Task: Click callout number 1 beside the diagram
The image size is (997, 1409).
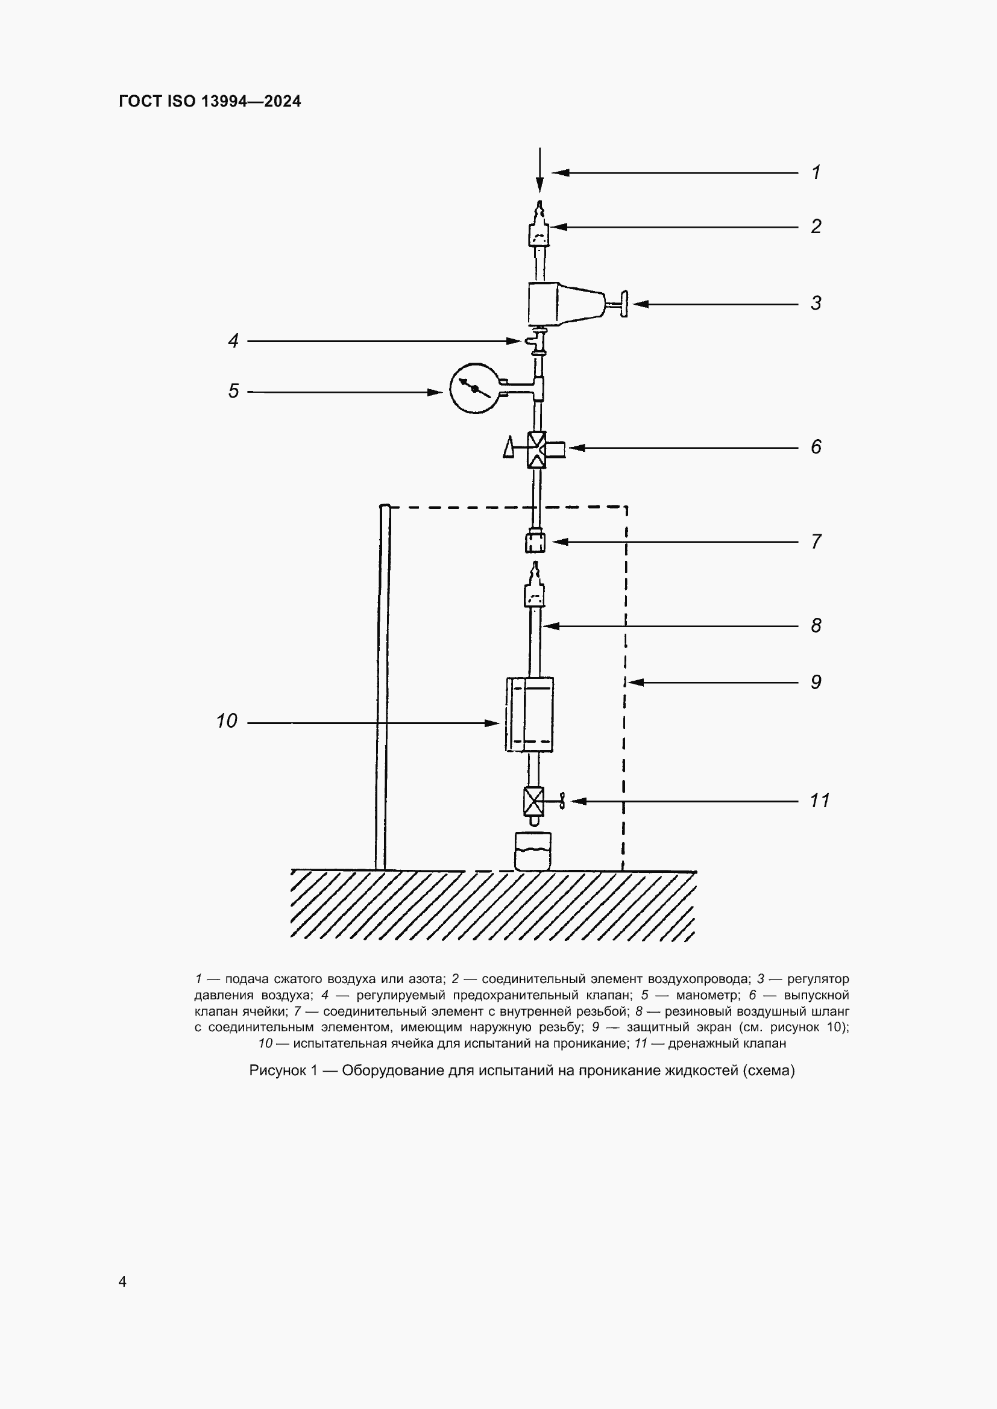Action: (816, 172)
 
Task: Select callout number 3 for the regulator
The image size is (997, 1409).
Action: (816, 303)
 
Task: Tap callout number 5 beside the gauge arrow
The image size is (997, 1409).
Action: (233, 392)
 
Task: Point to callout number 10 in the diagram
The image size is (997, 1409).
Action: (227, 721)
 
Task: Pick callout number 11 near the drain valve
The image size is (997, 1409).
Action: (820, 801)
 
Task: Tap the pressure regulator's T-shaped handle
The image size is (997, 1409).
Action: (623, 304)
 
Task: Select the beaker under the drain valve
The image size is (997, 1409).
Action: (533, 851)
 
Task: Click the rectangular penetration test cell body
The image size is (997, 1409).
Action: (529, 714)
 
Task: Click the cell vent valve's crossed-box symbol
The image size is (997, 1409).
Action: (536, 450)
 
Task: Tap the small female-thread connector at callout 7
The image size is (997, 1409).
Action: (535, 543)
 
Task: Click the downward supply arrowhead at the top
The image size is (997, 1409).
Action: (539, 184)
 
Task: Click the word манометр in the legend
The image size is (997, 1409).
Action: (708, 995)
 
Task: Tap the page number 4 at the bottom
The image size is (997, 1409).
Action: (123, 1282)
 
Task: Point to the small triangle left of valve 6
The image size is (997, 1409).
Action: (509, 448)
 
